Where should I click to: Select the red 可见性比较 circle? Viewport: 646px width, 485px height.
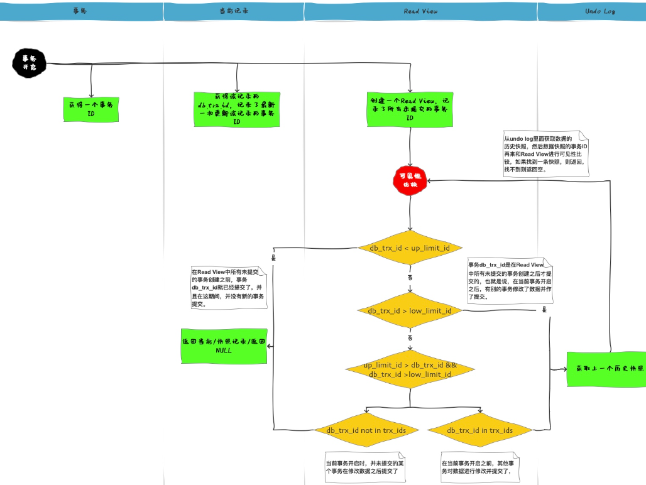(x=410, y=180)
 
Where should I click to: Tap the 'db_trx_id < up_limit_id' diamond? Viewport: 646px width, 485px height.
(x=410, y=248)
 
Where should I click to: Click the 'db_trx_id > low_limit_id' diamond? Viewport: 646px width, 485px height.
(x=410, y=310)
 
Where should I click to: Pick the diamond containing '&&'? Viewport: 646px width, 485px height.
(x=410, y=370)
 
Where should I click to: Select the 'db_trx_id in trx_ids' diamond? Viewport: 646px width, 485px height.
(x=479, y=430)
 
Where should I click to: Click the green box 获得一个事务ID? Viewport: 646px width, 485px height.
(x=91, y=109)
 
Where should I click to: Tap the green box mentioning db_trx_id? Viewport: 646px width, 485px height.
(x=236, y=109)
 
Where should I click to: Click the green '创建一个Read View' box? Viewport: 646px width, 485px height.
(x=410, y=109)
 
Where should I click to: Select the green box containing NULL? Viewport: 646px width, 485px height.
(x=223, y=346)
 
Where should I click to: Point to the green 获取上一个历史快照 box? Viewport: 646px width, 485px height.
(x=606, y=369)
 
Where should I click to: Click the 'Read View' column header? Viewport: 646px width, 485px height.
(x=420, y=11)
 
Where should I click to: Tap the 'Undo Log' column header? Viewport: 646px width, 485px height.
(x=599, y=11)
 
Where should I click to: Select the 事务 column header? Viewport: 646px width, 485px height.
(x=80, y=11)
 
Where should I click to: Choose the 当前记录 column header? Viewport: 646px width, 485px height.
(x=234, y=11)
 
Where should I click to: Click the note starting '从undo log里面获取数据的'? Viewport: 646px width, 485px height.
(x=545, y=153)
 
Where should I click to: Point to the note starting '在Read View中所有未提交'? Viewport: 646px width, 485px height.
(x=229, y=287)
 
